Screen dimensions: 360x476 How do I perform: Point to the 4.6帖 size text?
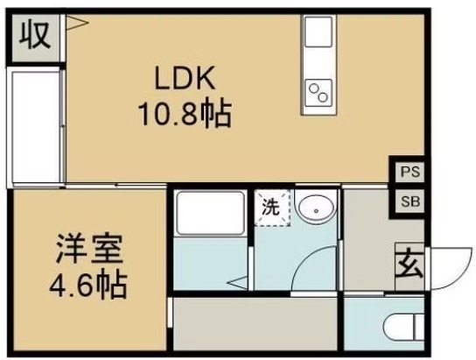[x=87, y=283]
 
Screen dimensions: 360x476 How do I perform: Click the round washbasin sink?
[x=313, y=208]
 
